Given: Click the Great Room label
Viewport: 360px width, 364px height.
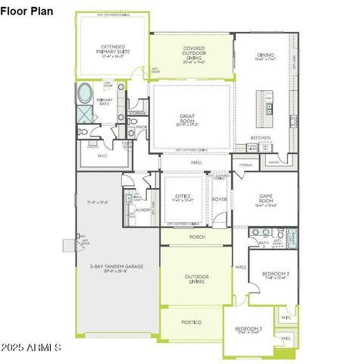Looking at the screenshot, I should (x=187, y=119).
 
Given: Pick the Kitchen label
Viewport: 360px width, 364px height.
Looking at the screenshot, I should (x=260, y=137).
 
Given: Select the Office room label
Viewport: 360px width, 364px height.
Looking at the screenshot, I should (x=183, y=198).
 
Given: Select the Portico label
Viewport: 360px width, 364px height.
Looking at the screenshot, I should (x=191, y=322).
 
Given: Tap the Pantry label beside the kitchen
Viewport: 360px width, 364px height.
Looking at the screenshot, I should (x=274, y=162).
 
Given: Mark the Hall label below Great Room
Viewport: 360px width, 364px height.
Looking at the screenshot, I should (x=196, y=162).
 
